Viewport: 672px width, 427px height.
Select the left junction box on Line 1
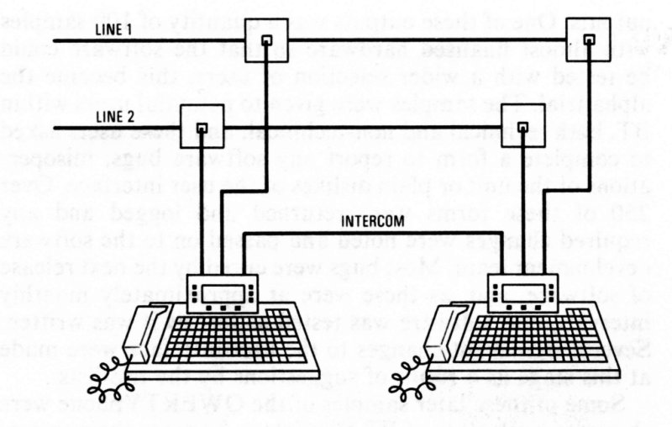tap(265, 40)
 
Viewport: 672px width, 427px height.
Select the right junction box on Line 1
tap(589, 38)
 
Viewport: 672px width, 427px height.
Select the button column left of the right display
tap(497, 295)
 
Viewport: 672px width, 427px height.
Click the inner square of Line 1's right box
tap(590, 39)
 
